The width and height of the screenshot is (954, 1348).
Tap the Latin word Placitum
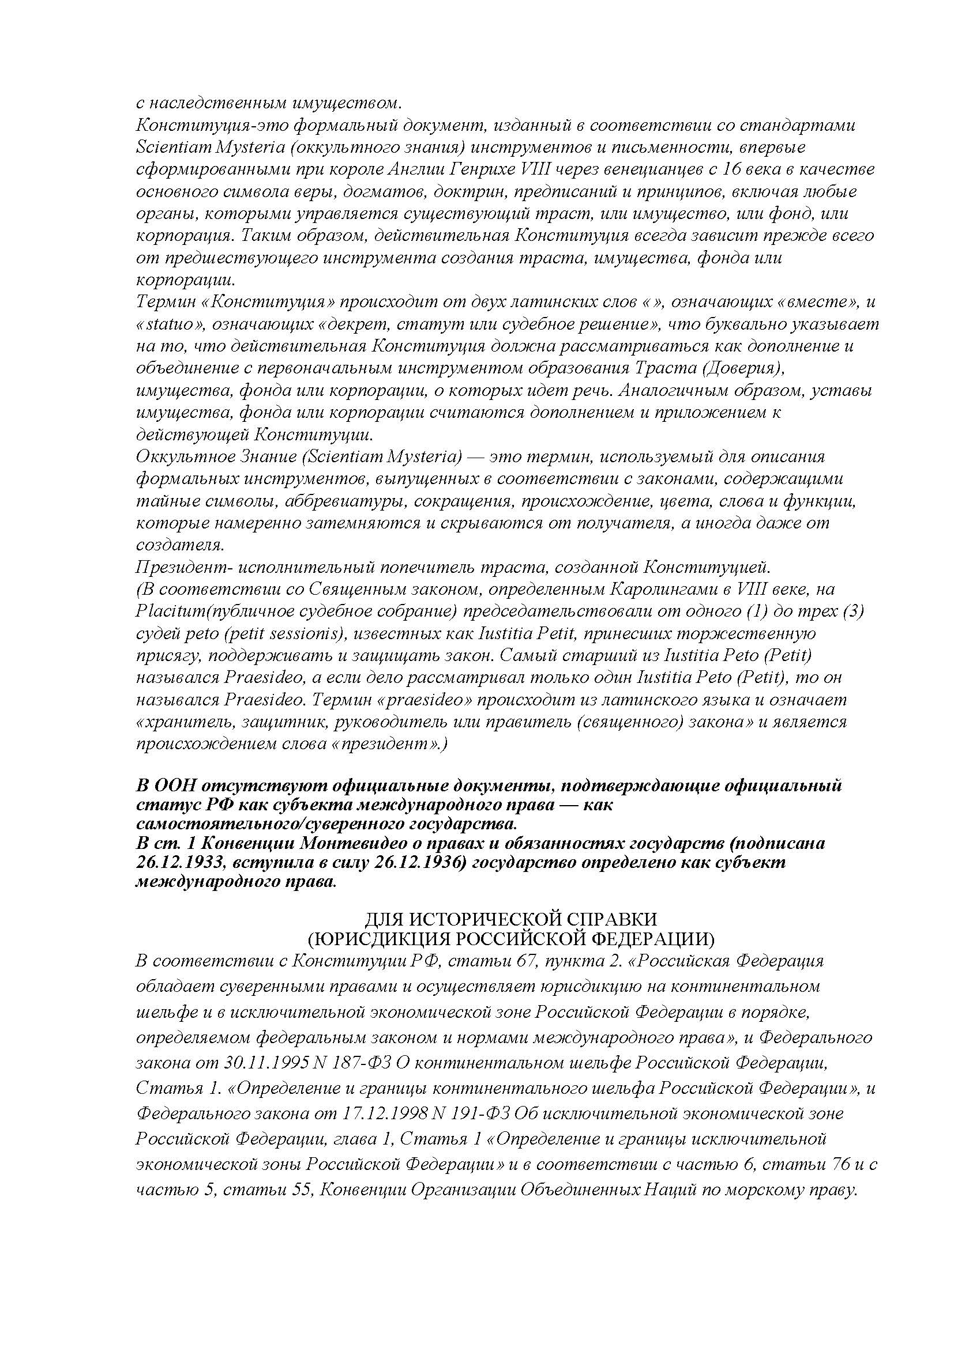click(169, 611)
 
